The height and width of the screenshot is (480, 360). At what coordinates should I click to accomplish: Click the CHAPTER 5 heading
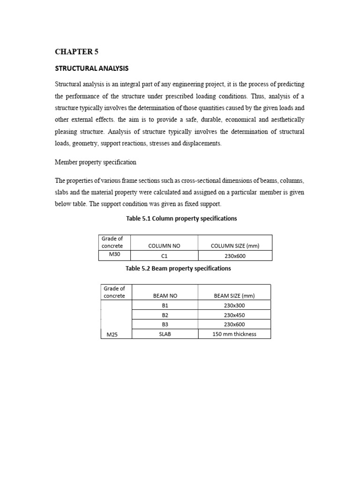click(76, 52)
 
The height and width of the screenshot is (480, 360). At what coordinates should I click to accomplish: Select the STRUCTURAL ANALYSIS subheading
click(91, 68)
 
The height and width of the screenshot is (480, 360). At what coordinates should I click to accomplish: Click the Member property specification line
click(96, 162)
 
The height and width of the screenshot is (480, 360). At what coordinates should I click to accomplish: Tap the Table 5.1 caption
click(181, 218)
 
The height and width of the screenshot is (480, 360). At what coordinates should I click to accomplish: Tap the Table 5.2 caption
click(178, 269)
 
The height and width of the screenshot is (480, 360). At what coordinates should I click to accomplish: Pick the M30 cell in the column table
click(114, 255)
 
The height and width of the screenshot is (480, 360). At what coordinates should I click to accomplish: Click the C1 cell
click(164, 256)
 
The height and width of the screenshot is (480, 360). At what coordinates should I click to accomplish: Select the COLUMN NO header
click(164, 246)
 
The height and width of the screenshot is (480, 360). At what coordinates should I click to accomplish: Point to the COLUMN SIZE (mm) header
click(235, 246)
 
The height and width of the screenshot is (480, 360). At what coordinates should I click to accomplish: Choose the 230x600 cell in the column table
click(235, 256)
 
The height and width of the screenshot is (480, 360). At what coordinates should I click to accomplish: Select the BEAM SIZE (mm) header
click(234, 296)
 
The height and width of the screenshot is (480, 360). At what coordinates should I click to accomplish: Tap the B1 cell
click(165, 305)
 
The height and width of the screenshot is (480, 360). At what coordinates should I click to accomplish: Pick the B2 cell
click(165, 315)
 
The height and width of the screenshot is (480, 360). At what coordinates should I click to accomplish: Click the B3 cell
click(165, 324)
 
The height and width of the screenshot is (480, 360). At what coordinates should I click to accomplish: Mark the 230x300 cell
click(234, 305)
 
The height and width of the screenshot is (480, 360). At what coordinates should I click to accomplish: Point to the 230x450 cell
click(234, 315)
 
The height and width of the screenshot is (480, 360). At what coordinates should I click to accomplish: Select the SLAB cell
click(165, 334)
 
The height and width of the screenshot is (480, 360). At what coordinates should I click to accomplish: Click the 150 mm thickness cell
click(234, 334)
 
